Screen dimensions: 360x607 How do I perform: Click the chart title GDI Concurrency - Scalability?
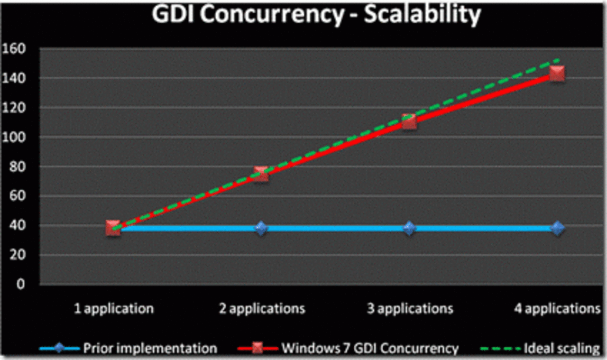coord(316,15)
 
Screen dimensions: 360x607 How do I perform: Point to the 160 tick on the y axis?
coord(16,48)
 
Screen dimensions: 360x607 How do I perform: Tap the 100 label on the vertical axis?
coord(16,137)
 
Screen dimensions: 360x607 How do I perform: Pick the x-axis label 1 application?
coord(114,309)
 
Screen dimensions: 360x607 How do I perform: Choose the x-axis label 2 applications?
coord(262,309)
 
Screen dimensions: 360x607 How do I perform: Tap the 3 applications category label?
coord(410,309)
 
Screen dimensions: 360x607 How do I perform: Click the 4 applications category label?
coord(558,309)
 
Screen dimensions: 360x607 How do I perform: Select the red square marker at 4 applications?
coord(557,74)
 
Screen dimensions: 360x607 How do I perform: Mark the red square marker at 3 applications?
coord(409,121)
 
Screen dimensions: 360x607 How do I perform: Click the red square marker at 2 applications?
coord(261,174)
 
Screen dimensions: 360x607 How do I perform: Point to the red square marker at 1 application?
coord(113,228)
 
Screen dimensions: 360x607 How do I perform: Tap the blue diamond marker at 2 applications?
coord(261,228)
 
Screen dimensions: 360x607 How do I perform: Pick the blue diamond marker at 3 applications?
coord(409,228)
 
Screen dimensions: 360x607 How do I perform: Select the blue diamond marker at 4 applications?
coord(558,228)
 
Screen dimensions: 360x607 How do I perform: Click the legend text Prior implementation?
coord(150,349)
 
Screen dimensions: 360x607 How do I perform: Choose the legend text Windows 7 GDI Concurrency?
coord(370,349)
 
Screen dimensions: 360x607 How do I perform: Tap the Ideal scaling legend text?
coord(561,349)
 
